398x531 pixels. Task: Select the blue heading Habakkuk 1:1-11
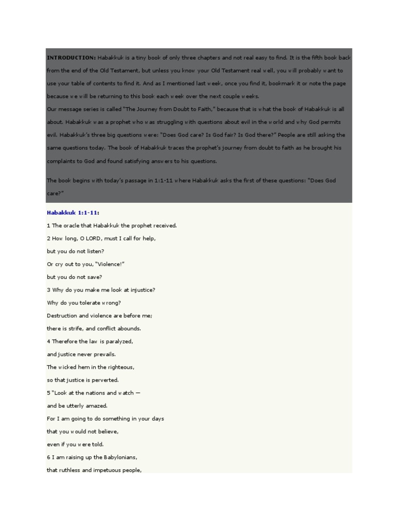73,213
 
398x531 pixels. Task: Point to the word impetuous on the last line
106,470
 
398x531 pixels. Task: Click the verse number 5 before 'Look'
48,393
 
